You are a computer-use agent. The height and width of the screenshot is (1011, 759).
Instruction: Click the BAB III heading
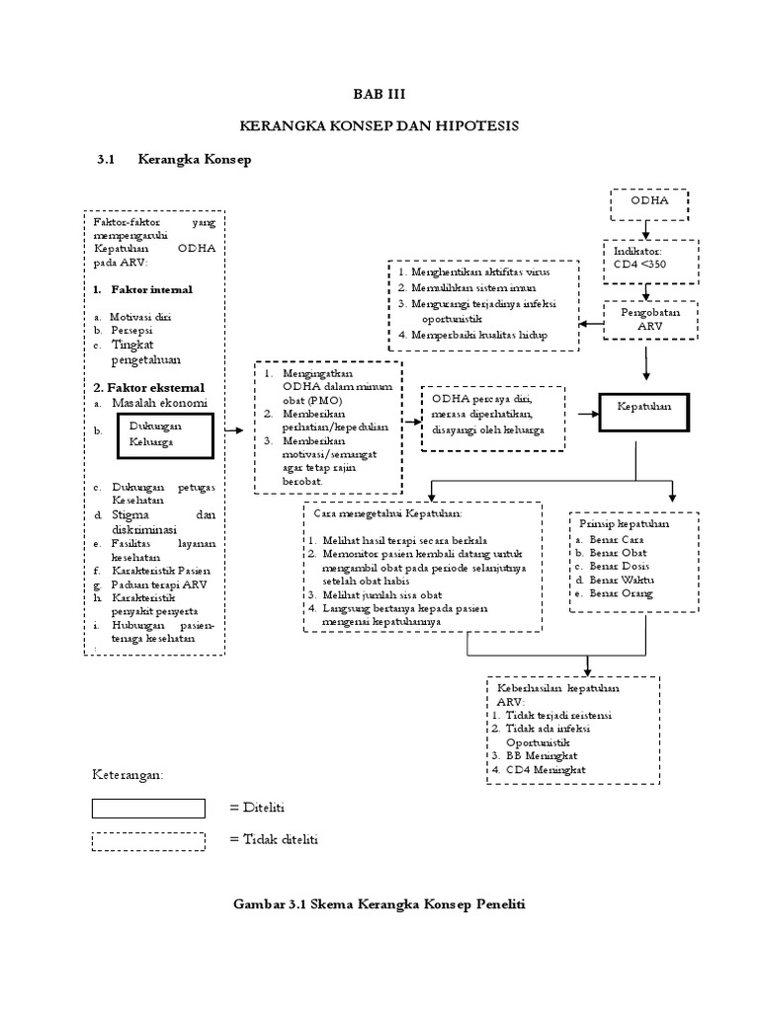point(379,94)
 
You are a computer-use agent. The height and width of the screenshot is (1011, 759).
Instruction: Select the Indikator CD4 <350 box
point(646,257)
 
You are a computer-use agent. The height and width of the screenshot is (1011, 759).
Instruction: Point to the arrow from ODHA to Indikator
point(646,227)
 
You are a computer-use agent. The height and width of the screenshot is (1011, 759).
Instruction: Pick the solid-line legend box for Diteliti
point(148,809)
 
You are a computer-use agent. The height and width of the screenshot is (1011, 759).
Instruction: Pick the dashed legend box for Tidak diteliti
point(148,841)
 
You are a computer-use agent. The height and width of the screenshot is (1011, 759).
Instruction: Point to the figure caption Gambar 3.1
point(379,904)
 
